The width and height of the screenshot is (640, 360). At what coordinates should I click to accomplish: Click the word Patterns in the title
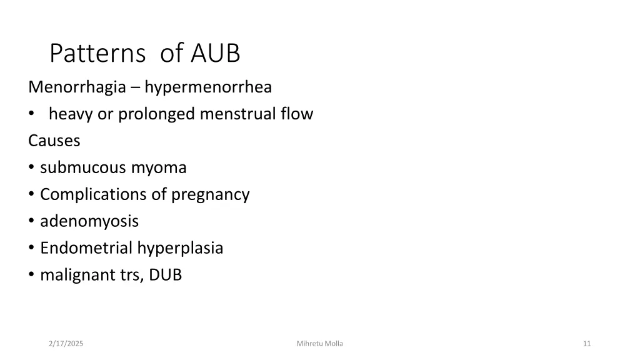point(97,54)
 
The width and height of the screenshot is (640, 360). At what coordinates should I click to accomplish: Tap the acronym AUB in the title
point(216,54)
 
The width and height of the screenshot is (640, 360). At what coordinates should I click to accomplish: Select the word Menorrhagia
point(77,87)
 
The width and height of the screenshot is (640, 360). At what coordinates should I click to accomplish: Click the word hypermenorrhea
point(208,87)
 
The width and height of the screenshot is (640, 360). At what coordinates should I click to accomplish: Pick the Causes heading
point(54,141)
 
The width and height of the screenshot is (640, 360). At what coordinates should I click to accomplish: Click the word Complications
point(94,195)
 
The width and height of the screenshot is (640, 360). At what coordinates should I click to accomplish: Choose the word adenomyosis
point(89,221)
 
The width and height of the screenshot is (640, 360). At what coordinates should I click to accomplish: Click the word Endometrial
point(87,248)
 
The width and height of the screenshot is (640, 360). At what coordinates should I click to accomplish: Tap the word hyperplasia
point(181,249)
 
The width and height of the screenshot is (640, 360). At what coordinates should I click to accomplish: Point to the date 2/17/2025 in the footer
point(66,344)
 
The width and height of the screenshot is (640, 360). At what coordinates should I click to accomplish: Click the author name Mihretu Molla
point(320,344)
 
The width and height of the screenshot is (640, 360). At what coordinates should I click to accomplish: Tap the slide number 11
point(586,344)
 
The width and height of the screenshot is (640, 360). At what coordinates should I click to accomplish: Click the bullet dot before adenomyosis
point(32,222)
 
